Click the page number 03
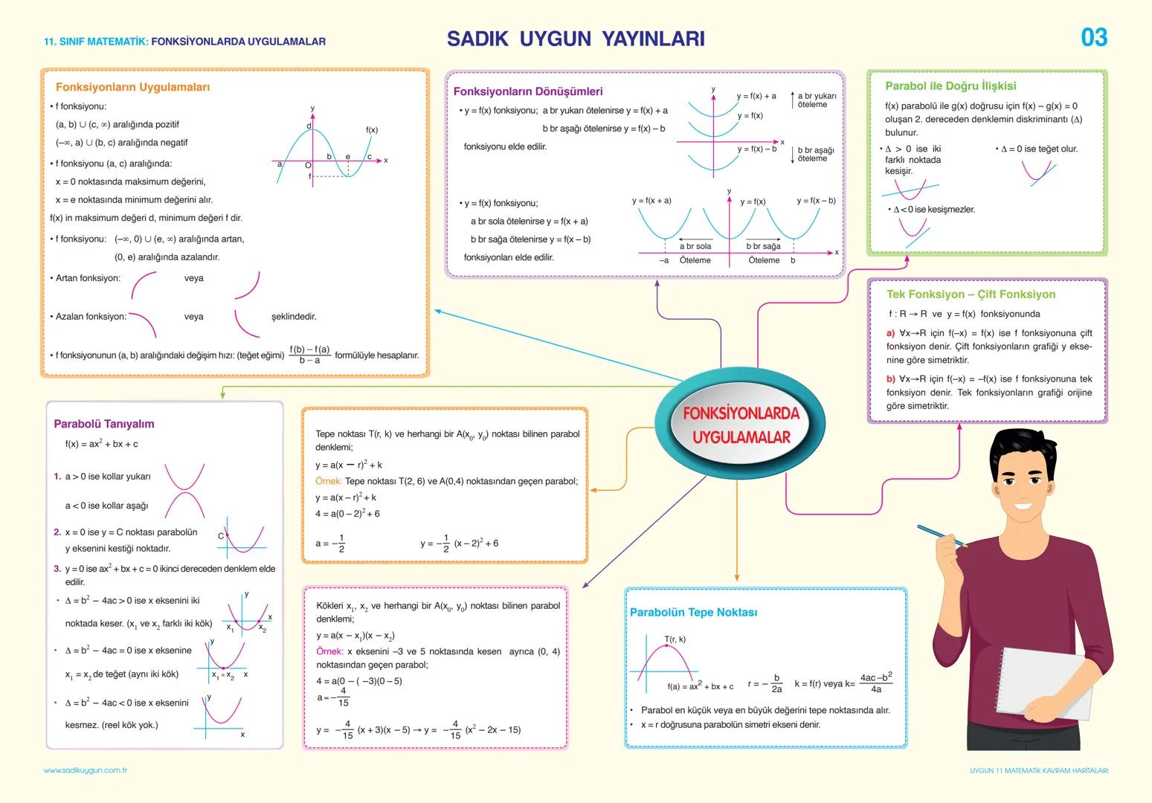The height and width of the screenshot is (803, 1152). [1093, 37]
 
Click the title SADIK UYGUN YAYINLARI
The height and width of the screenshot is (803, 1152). [575, 39]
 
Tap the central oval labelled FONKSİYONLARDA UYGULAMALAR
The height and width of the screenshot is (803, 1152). [740, 425]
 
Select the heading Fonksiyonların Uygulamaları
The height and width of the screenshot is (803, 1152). [132, 87]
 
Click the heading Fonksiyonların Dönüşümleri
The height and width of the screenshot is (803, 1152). [527, 91]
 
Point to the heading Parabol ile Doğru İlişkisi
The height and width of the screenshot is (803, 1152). [950, 86]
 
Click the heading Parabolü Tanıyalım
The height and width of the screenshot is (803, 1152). [103, 424]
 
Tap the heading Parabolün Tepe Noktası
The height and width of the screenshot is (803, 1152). [692, 613]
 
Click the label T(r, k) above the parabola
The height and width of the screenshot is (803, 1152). [675, 639]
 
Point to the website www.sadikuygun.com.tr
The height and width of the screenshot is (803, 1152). [86, 771]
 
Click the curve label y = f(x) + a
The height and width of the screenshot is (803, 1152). [756, 96]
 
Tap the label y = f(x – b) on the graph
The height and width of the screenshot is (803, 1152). [815, 201]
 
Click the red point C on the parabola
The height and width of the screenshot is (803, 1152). [226, 535]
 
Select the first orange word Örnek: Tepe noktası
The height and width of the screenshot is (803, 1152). [328, 481]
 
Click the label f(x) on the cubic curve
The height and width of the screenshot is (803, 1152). [371, 130]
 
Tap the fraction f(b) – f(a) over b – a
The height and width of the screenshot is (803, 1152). [309, 355]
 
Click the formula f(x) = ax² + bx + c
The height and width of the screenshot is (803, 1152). [101, 444]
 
